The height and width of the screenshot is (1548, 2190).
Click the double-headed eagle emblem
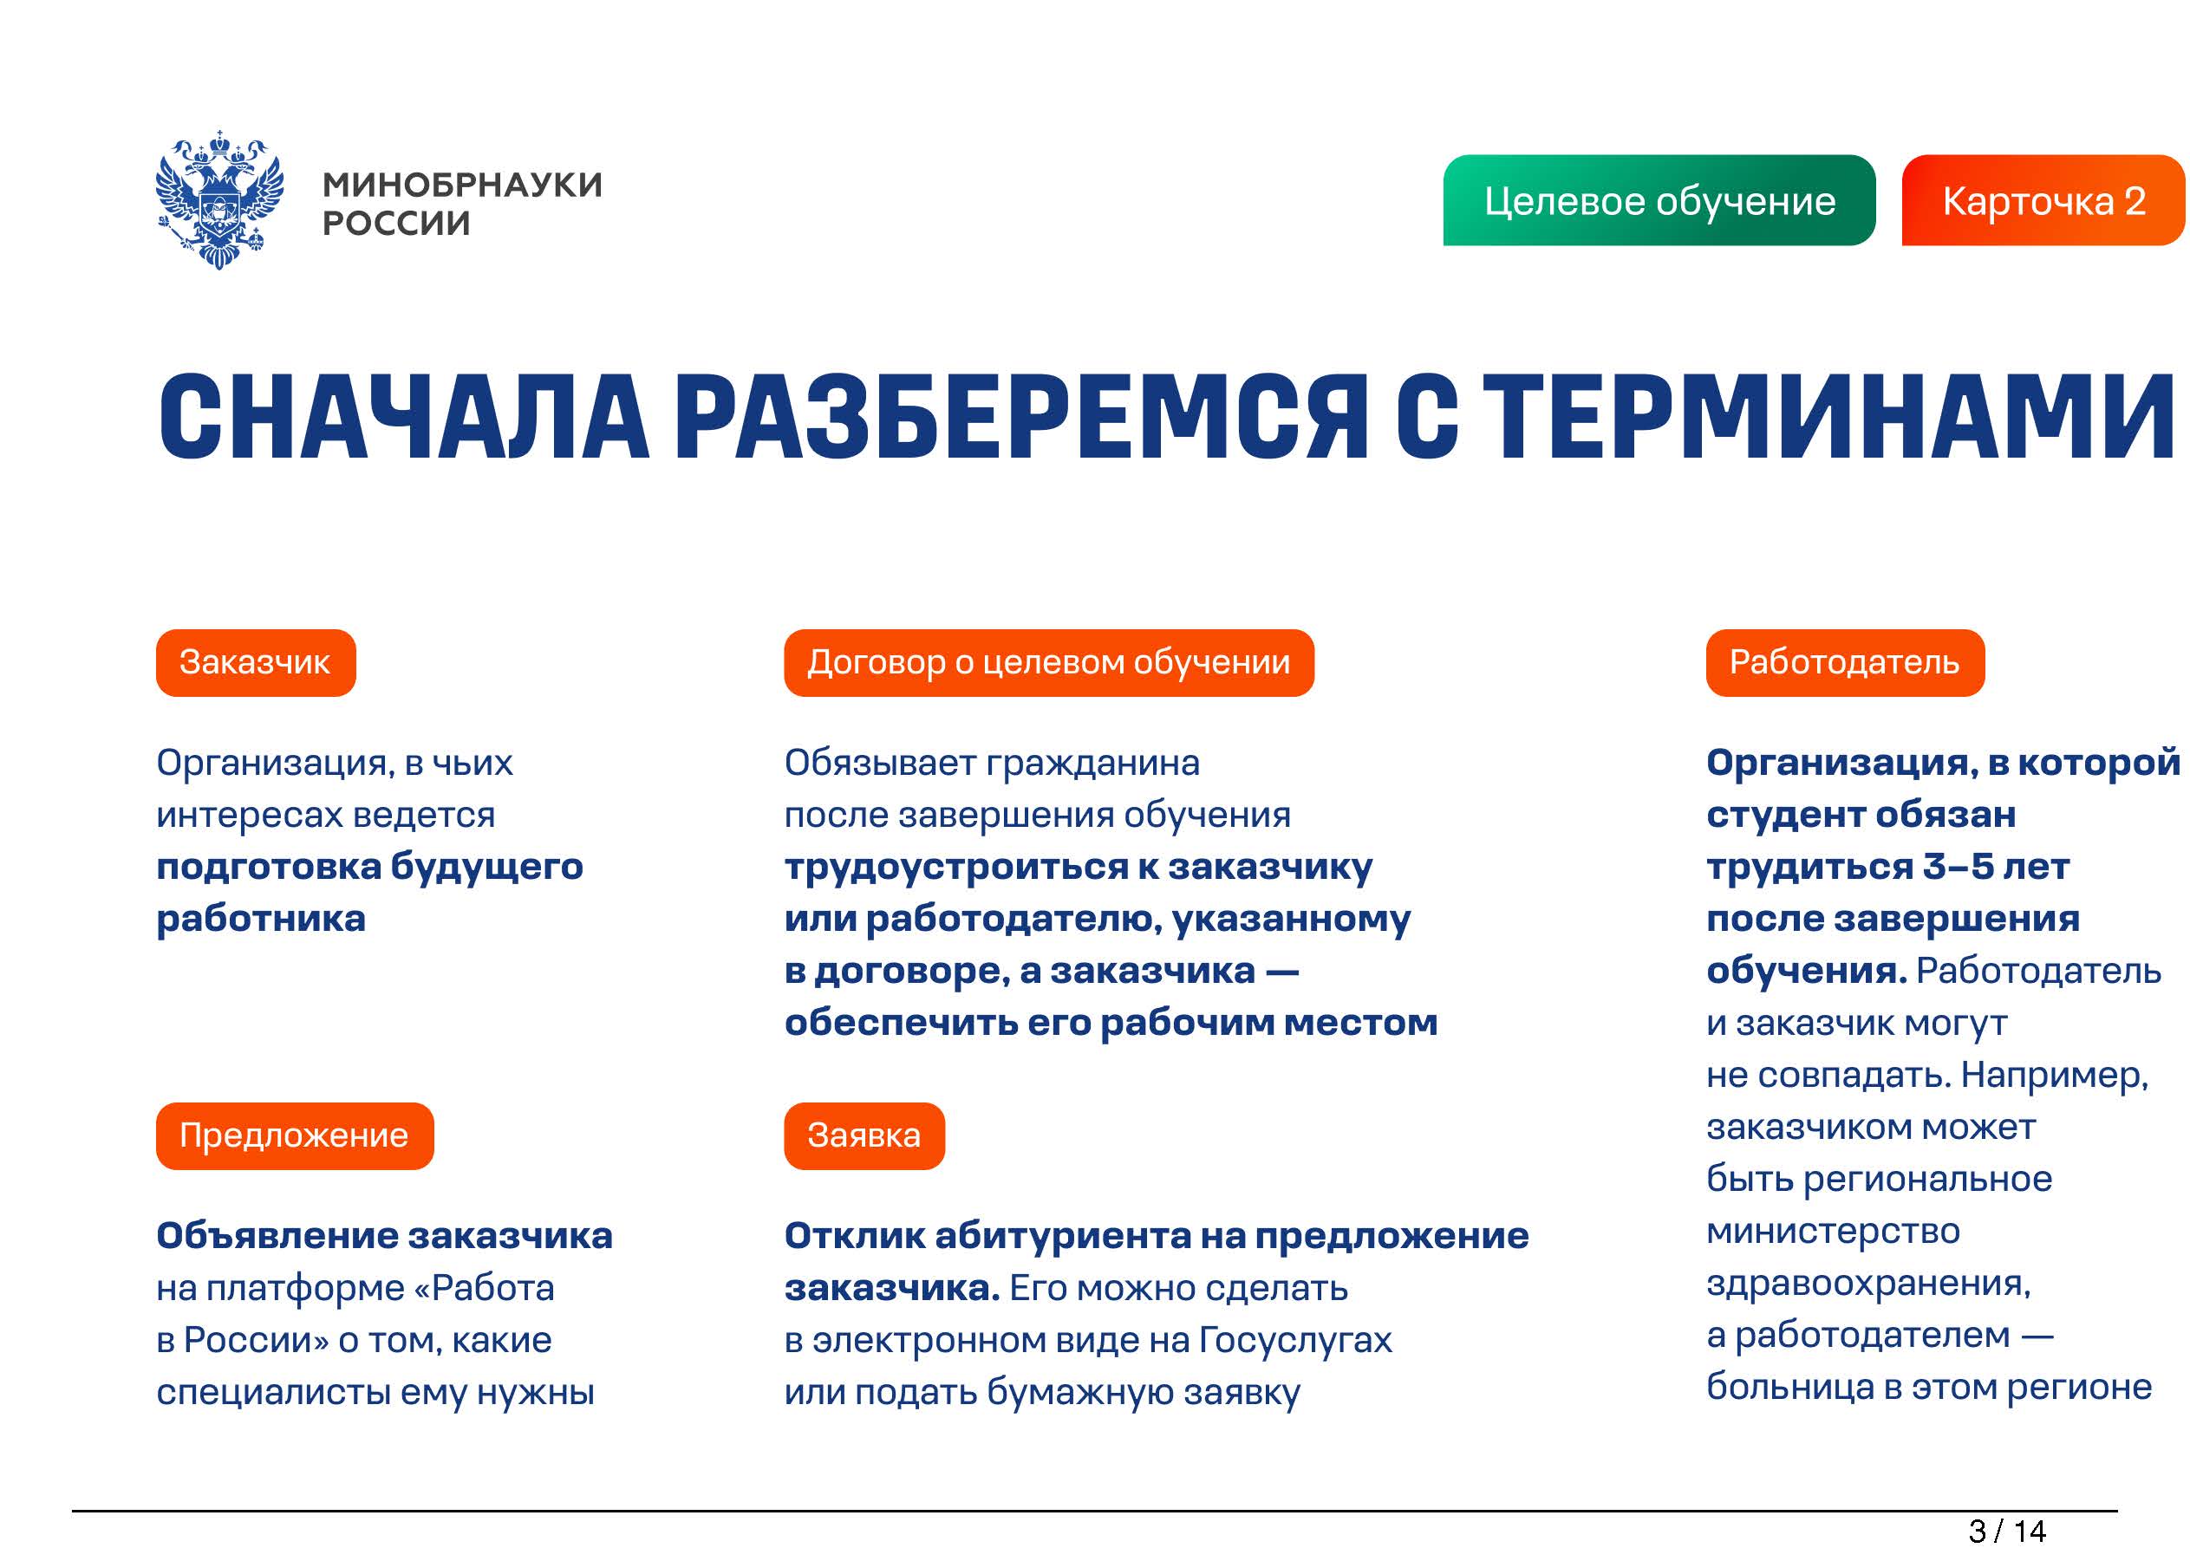coord(219,199)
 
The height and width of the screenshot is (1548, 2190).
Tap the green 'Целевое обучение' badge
coord(1659,200)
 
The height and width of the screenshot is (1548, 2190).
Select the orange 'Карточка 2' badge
coord(2043,200)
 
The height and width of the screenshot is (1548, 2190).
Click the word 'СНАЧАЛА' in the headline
coord(403,418)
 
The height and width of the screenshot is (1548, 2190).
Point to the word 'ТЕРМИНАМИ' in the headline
coord(1828,418)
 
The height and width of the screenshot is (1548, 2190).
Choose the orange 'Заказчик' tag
coord(256,663)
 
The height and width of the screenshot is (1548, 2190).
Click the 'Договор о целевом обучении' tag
coord(1048,663)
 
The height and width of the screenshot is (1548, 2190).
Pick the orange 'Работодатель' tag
coord(1845,663)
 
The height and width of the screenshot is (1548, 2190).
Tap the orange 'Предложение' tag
coord(295,1136)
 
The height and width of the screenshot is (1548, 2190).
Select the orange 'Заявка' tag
coord(864,1136)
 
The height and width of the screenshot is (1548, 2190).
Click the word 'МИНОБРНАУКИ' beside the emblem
coord(463,185)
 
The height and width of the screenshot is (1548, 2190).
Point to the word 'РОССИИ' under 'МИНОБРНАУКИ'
coord(397,224)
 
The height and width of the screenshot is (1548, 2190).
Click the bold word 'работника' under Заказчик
coord(261,920)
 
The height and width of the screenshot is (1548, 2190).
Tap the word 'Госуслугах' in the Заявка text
coord(1295,1341)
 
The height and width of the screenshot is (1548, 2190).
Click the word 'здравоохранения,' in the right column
coord(1868,1285)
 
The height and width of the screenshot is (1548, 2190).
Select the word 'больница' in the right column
coord(1790,1387)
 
